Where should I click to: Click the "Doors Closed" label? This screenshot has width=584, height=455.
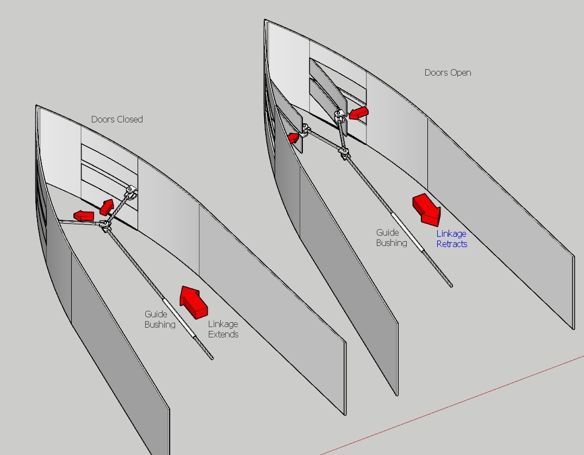(117, 119)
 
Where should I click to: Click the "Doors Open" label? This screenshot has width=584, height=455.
(448, 72)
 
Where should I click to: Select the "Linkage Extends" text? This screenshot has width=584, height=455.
(223, 329)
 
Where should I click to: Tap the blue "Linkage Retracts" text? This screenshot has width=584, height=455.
(451, 239)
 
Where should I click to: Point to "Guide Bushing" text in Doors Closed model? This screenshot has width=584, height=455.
(159, 319)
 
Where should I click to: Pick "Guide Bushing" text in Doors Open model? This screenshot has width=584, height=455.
(391, 238)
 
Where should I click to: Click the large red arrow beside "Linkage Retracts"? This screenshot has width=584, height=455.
(427, 210)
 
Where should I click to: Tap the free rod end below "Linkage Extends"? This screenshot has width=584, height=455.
(212, 358)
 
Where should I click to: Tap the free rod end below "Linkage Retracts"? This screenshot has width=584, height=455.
(451, 284)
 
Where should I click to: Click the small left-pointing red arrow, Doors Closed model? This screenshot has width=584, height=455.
(84, 216)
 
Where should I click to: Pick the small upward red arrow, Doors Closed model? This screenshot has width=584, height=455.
(107, 207)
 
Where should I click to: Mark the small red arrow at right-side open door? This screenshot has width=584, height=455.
(359, 113)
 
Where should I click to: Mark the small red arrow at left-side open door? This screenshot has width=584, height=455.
(294, 138)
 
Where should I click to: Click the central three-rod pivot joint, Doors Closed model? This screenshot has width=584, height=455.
(104, 224)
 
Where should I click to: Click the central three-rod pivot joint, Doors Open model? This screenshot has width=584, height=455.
(345, 152)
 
